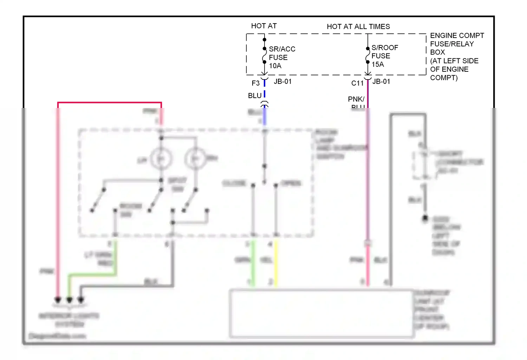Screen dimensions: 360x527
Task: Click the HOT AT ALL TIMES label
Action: pos(358,27)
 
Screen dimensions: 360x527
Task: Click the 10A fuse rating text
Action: pos(275,66)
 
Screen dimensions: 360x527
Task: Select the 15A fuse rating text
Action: pos(378,65)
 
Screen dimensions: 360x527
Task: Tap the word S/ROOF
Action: pos(385,48)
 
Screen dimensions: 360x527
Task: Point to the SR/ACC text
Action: pos(282,49)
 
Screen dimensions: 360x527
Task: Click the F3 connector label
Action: pos(255,83)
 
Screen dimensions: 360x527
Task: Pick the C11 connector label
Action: pos(357,83)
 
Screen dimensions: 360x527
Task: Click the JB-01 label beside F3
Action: pos(282,82)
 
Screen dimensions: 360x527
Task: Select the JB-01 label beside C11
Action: pos(381,82)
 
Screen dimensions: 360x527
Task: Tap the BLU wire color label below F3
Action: pos(255,96)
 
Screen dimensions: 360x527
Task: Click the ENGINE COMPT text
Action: pos(457,36)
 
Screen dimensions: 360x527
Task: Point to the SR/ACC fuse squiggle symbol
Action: pos(264,56)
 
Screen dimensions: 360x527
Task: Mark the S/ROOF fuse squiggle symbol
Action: pos(367,55)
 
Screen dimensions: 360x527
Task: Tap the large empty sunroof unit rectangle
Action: pos(321,313)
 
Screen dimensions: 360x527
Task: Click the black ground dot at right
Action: pos(425,218)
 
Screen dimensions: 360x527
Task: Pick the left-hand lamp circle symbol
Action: pos(161,159)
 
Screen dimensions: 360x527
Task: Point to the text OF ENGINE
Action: pos(449,70)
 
